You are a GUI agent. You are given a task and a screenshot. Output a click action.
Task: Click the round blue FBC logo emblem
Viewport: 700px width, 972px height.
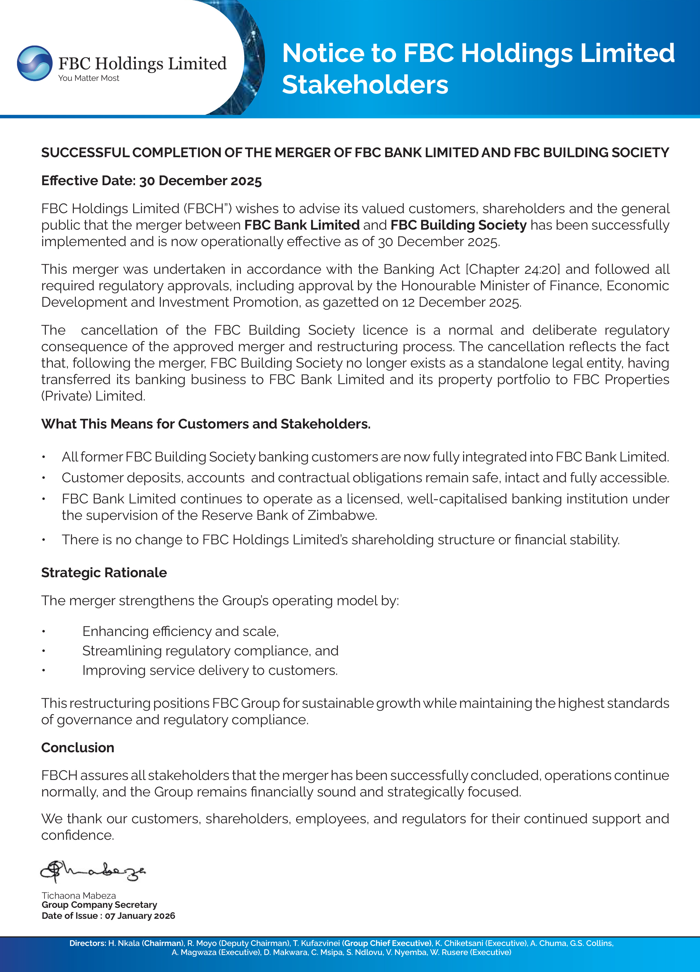click(35, 63)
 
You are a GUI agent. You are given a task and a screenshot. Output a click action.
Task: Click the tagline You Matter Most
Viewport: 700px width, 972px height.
click(89, 78)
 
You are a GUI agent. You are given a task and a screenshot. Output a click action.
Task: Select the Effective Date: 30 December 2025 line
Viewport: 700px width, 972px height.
click(151, 181)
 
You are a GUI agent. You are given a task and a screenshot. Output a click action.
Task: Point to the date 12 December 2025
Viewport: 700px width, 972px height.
click(461, 302)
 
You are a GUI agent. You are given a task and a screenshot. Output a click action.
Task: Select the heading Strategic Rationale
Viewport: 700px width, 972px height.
click(104, 573)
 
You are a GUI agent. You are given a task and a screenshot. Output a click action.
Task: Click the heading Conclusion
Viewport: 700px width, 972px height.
click(78, 747)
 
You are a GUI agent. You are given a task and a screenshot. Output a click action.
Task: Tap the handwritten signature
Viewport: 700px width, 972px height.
click(92, 870)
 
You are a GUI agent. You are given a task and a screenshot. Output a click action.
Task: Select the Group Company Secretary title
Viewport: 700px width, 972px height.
click(99, 905)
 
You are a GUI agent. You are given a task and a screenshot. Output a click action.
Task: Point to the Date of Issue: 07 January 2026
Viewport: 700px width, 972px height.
click(108, 916)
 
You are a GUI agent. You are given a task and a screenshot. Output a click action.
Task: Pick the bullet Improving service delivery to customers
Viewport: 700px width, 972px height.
click(210, 670)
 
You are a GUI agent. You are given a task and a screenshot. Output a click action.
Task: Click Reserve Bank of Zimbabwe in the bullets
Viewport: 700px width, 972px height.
click(289, 515)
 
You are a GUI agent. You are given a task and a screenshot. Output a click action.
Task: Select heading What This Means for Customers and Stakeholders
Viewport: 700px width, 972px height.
click(206, 424)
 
